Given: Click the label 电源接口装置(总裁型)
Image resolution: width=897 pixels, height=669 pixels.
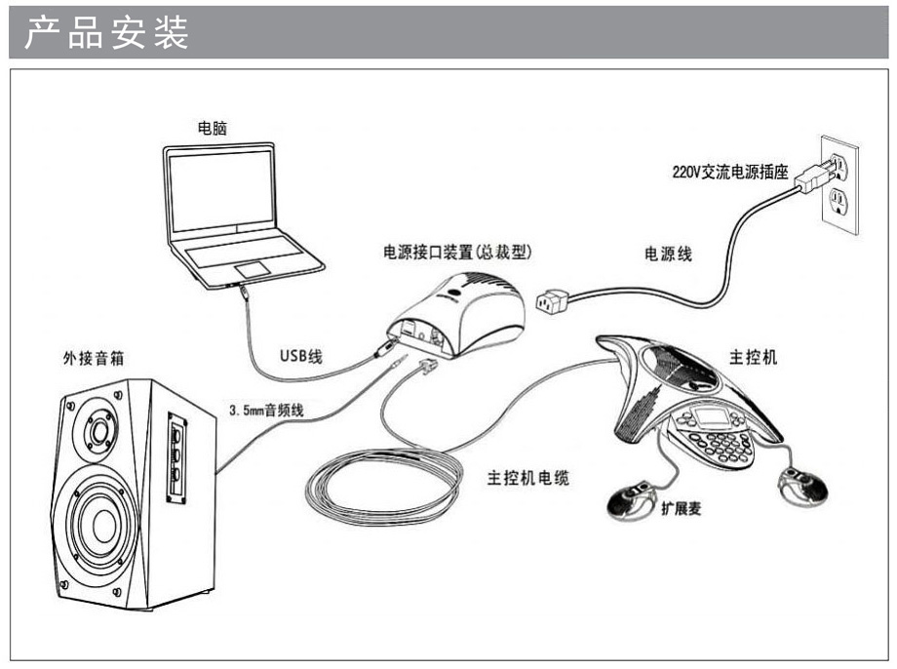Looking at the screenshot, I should coord(457,252).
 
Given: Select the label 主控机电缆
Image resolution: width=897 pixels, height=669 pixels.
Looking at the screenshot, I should coord(526,479).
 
